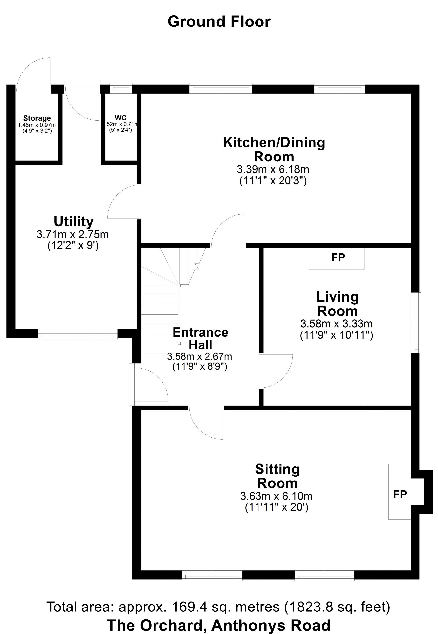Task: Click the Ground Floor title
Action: click(219, 22)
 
